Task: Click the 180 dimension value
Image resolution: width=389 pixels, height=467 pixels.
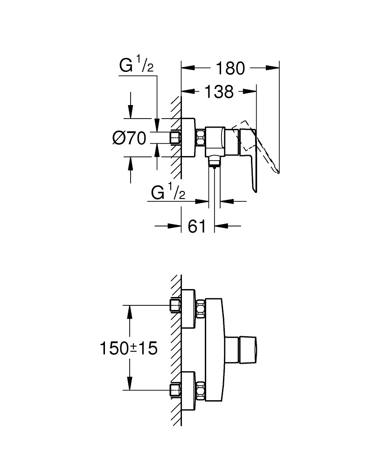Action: (230, 68)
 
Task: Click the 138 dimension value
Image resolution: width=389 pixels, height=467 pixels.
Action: (219, 92)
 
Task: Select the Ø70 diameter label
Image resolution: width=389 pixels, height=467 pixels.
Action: (129, 138)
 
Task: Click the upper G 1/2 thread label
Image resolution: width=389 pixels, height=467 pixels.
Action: (136, 66)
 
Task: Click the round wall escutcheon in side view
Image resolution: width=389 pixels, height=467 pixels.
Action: (189, 138)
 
